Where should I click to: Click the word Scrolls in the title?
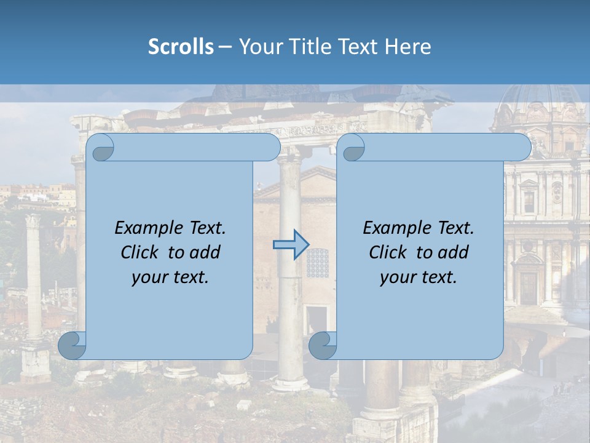point(181,47)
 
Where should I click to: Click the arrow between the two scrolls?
point(290,245)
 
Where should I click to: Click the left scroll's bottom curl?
point(72,345)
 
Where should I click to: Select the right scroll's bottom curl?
point(323,345)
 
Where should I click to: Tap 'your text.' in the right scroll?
point(419,277)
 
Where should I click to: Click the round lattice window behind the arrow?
point(317,262)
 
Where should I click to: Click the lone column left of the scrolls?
point(34,277)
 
